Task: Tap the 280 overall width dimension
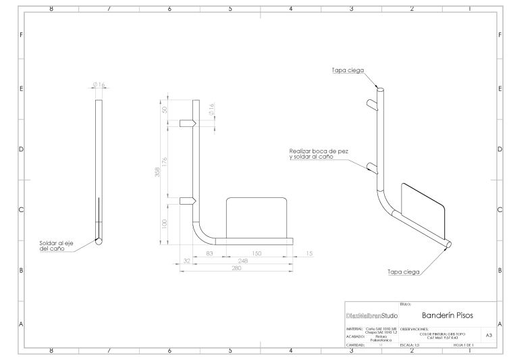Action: click(x=236, y=268)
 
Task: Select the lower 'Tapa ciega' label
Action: click(x=402, y=272)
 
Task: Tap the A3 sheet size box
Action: click(x=487, y=334)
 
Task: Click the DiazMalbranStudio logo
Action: click(x=371, y=315)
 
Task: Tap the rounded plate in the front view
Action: click(x=257, y=216)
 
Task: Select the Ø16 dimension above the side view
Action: click(x=99, y=85)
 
